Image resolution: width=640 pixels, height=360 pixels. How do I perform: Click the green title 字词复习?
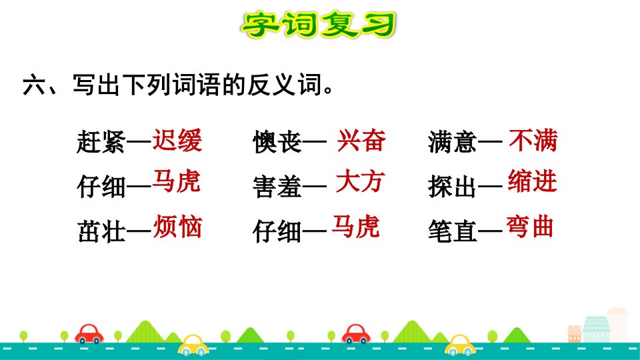click(x=319, y=25)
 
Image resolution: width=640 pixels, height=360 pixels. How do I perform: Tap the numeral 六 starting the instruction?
click(x=34, y=85)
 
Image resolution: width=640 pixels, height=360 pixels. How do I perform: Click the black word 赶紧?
click(x=101, y=142)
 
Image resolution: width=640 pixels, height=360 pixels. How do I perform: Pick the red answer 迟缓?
click(x=177, y=140)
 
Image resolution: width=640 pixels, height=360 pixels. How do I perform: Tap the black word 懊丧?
click(x=277, y=142)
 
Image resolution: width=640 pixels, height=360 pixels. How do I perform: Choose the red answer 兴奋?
click(x=361, y=140)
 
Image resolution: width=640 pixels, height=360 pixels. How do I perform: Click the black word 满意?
click(x=452, y=142)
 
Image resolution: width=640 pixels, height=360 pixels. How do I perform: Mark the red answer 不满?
click(x=533, y=140)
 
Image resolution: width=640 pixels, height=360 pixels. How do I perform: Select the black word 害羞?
click(x=277, y=187)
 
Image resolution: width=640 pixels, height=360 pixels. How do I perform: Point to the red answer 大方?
click(x=361, y=181)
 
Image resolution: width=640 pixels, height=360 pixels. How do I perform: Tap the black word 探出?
click(x=452, y=187)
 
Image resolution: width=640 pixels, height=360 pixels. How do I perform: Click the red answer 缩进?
click(x=532, y=181)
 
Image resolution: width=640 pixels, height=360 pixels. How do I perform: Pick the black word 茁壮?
click(x=101, y=231)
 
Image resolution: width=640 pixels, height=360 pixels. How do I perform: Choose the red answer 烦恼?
click(x=177, y=226)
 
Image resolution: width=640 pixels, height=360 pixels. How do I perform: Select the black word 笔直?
click(x=452, y=231)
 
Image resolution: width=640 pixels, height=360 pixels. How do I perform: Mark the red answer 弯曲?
click(x=530, y=227)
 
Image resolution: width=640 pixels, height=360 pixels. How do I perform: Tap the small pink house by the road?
click(x=575, y=333)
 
